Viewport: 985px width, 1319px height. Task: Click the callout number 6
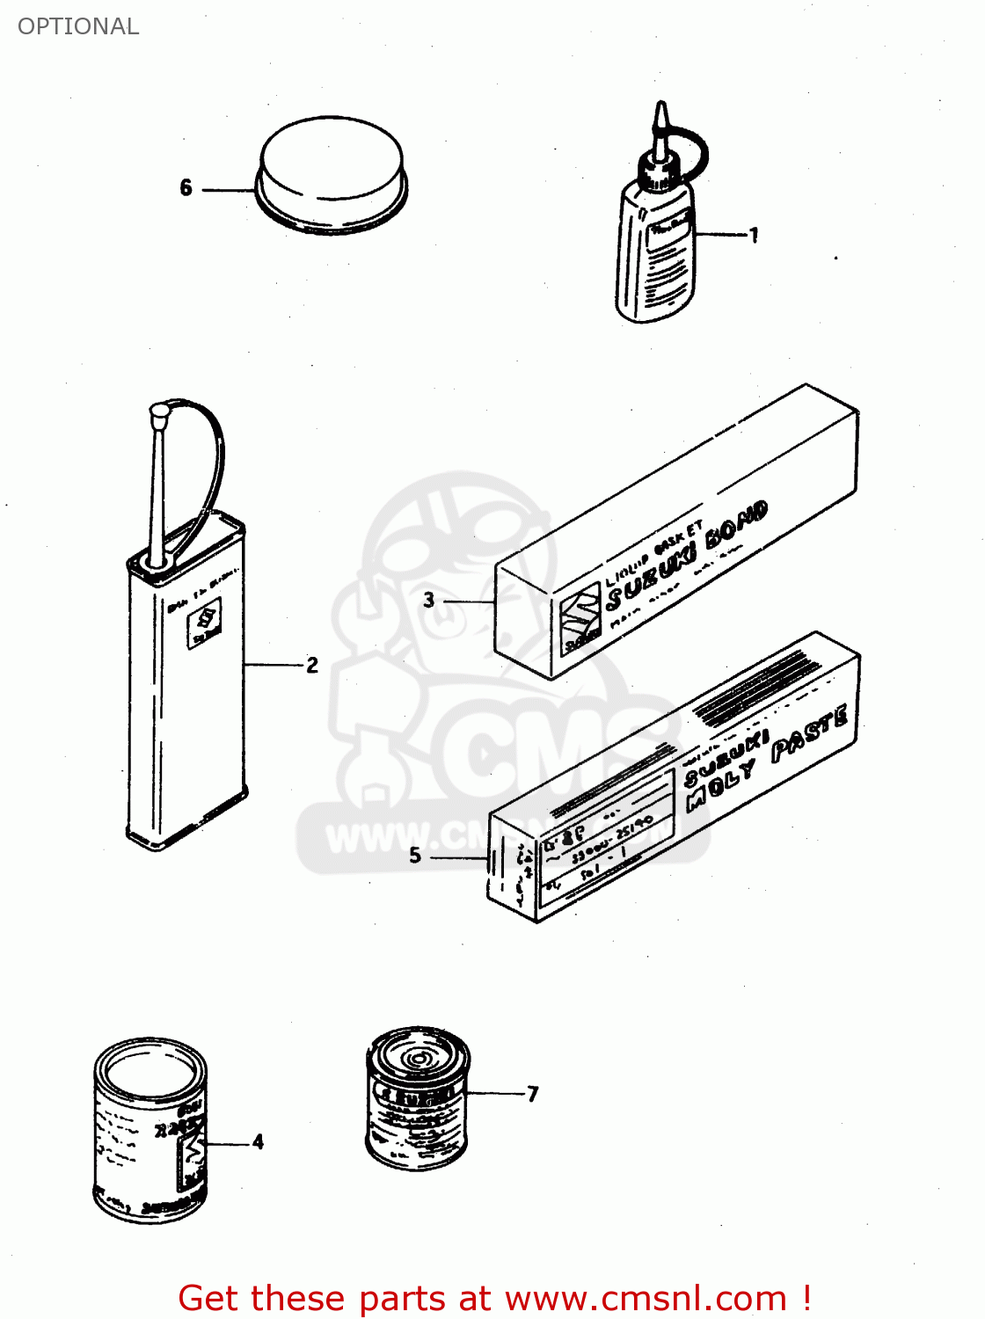186,188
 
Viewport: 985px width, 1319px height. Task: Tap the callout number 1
753,235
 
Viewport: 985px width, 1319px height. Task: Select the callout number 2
312,665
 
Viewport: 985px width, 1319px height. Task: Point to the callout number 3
428,601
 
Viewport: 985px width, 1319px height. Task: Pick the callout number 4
258,1142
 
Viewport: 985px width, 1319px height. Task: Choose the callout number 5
415,856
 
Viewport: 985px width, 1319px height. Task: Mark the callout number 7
532,1094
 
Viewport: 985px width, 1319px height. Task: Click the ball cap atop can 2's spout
159,411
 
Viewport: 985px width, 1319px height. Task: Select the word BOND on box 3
737,527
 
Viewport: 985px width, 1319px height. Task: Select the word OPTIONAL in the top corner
78,26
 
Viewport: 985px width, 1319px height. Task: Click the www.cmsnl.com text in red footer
646,1299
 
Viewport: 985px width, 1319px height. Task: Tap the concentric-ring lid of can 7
418,1056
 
